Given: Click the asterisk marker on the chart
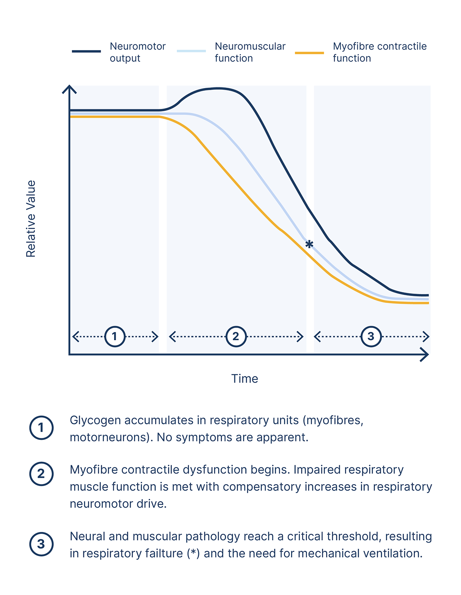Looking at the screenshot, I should [309, 244].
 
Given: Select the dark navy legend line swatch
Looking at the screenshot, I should [86, 51].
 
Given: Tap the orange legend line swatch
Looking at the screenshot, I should [309, 53].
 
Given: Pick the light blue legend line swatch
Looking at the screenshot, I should [191, 51].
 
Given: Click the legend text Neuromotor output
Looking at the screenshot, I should [138, 52].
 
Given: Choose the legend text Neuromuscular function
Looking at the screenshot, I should [250, 52].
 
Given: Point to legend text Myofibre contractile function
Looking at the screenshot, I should [380, 52].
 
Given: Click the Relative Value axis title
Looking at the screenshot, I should [31, 219].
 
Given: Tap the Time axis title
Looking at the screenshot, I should [244, 379].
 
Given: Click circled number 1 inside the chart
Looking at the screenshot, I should [114, 337].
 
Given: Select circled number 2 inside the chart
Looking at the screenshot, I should [235, 337].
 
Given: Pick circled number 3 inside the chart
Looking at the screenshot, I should [371, 337].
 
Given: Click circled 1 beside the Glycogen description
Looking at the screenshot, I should [41, 428].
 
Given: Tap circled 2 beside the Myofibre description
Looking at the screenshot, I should [41, 474].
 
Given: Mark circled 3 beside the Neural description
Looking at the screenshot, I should [41, 544].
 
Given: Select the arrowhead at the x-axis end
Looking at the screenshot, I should [425, 354].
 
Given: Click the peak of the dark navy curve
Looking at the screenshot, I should [217, 88].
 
